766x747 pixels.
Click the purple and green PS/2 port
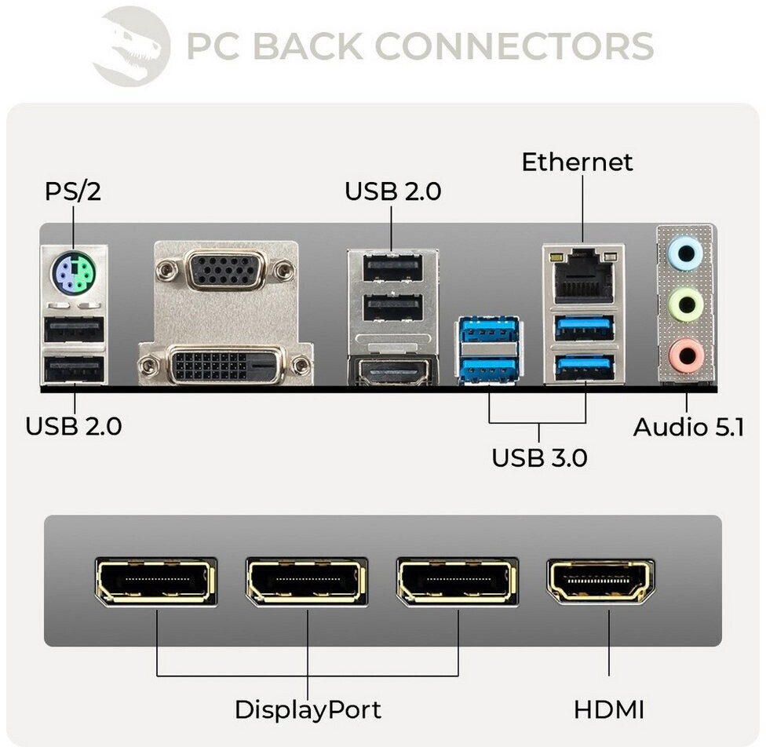[73, 275]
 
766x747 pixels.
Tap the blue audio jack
[685, 253]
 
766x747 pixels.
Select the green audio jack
[685, 304]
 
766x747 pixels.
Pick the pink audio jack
[685, 355]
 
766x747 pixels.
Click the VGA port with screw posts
[226, 271]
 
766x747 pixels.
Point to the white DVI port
[224, 365]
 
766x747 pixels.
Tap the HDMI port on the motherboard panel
[392, 371]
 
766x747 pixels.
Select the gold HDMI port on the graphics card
[601, 581]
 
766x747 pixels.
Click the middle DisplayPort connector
[307, 581]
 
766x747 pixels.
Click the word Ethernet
[577, 162]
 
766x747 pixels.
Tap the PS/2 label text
[73, 191]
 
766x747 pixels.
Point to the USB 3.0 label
[539, 457]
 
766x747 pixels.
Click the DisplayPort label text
[308, 710]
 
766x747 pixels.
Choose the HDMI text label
[608, 710]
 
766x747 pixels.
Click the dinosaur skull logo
[131, 46]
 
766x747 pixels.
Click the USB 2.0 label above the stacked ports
[392, 191]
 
